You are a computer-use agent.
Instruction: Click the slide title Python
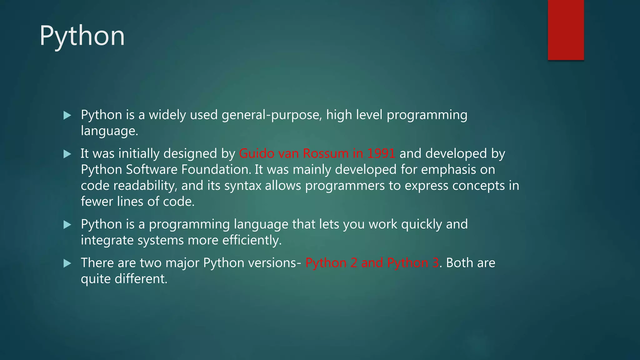pyautogui.click(x=82, y=36)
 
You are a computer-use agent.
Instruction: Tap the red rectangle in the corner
pyautogui.click(x=566, y=30)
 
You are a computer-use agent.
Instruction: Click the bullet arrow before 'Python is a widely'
pyautogui.click(x=67, y=115)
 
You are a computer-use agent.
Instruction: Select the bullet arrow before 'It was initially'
pyautogui.click(x=67, y=154)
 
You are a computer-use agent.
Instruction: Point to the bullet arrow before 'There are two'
pyautogui.click(x=67, y=263)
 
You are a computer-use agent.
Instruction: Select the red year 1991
pyautogui.click(x=381, y=153)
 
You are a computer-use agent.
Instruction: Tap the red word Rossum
pyautogui.click(x=326, y=153)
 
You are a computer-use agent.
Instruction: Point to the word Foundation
pyautogui.click(x=216, y=169)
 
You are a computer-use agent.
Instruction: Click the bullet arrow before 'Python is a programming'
pyautogui.click(x=67, y=224)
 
